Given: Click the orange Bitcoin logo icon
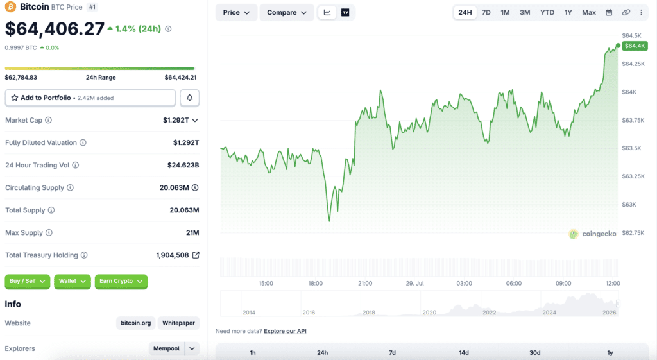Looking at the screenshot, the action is [10, 6].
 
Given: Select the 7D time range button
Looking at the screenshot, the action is [486, 13].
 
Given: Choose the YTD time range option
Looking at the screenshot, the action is [547, 13].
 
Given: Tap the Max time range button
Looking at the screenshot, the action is [589, 13].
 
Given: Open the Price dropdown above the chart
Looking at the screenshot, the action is [236, 13].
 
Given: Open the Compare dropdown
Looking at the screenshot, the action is [287, 13].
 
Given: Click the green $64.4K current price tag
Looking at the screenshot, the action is [635, 46].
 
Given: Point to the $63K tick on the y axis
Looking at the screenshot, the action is [629, 205].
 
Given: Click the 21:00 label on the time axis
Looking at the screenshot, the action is [365, 283].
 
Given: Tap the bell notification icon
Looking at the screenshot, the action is [190, 98].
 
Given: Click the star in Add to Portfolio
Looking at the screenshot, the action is [15, 98].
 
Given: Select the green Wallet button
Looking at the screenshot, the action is [72, 281].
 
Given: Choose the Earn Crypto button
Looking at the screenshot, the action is [121, 281].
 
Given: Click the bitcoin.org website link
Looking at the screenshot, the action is [136, 323].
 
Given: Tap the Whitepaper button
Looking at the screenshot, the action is [178, 323].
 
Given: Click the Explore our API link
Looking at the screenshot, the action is [285, 331].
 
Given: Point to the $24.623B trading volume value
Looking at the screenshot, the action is [183, 165].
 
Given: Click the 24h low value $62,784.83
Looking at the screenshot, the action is [21, 78].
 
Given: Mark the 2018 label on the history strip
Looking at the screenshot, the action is [369, 313].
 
